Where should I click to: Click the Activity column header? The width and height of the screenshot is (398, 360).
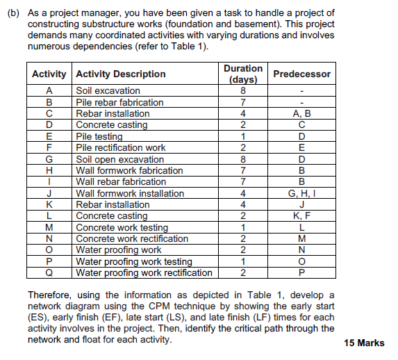tap(49, 74)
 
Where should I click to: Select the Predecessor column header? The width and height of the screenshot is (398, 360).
tap(302, 74)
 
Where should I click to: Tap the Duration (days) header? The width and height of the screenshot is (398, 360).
tap(243, 74)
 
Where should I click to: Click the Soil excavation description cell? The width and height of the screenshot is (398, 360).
tap(108, 90)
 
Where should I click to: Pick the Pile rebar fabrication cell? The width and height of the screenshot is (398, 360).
tap(119, 102)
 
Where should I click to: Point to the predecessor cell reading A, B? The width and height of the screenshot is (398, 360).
tap(302, 113)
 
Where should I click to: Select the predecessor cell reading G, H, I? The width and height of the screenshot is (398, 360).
tap(302, 193)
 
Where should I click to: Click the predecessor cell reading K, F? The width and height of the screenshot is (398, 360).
tap(302, 216)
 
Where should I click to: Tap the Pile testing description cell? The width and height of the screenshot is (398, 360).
tap(99, 136)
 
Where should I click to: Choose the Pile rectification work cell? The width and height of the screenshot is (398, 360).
tap(120, 147)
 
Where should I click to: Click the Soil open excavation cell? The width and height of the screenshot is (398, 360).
tap(119, 159)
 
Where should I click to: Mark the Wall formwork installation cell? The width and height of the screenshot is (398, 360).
tap(130, 193)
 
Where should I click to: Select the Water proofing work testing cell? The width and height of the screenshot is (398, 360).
tap(133, 261)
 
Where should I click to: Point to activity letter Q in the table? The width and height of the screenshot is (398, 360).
tap(49, 272)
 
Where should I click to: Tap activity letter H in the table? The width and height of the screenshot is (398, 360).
tap(49, 170)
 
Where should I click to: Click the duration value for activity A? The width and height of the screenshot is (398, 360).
tap(243, 90)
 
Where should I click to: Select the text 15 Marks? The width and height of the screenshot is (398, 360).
tap(363, 343)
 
